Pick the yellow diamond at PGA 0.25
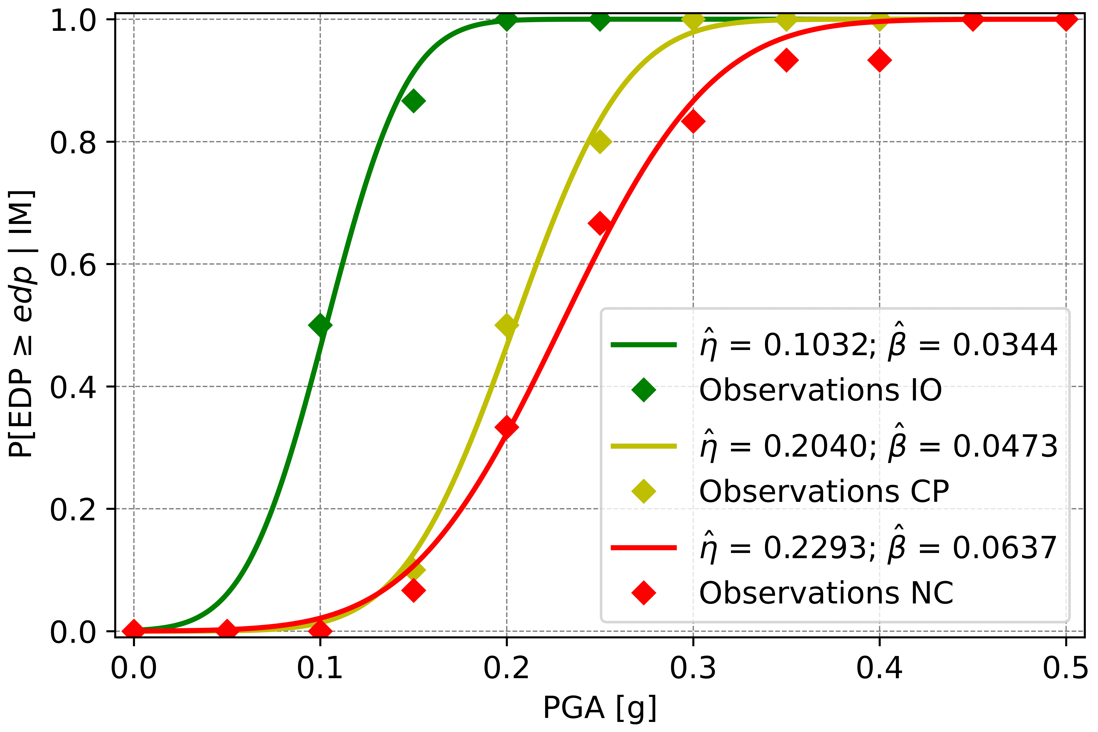(x=600, y=142)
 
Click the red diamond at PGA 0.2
(x=506, y=427)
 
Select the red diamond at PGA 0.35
(x=786, y=60)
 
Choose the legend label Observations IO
(x=820, y=390)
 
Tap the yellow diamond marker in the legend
(x=643, y=492)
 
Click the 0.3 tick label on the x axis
(x=693, y=668)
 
